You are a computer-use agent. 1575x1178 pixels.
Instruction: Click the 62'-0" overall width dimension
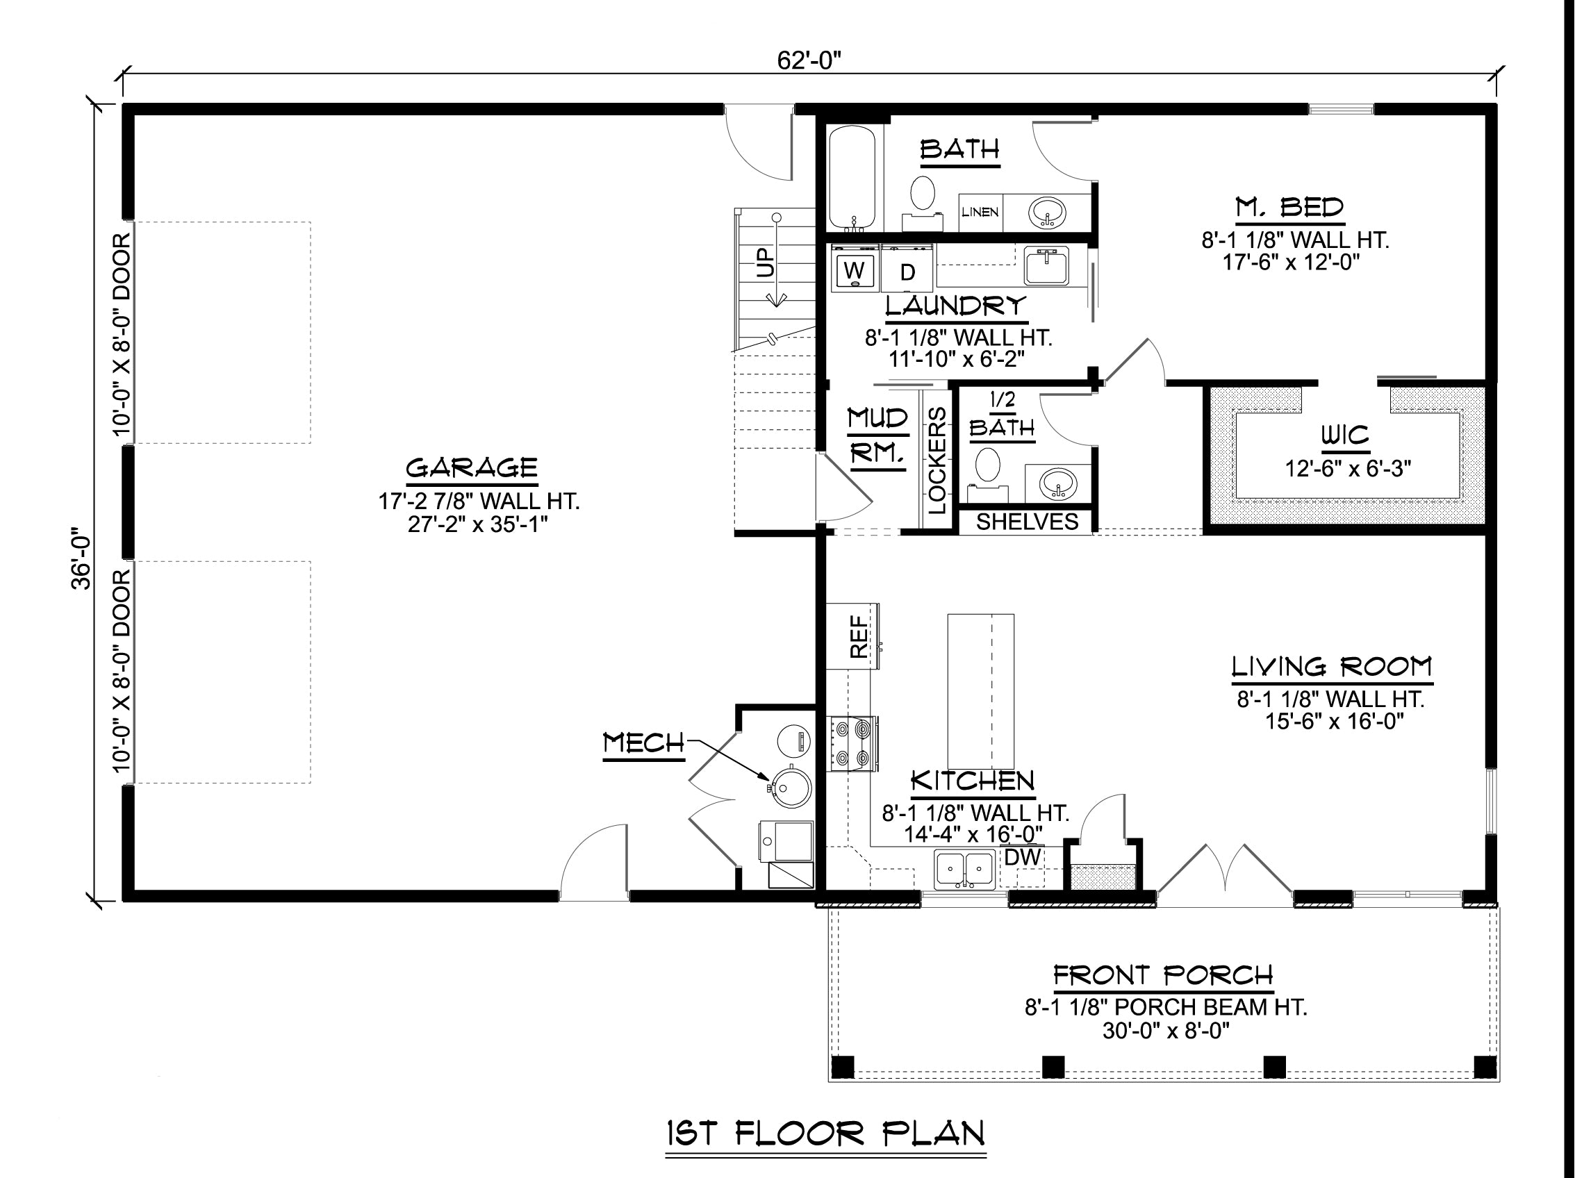coord(809,60)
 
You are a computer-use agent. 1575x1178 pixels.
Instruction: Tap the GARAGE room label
coord(472,467)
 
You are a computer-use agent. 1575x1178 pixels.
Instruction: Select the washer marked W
coord(855,269)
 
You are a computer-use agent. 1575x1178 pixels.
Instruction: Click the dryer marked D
coord(907,269)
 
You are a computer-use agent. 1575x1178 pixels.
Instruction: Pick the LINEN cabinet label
coord(980,212)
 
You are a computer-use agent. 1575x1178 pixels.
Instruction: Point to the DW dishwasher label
coord(1023,858)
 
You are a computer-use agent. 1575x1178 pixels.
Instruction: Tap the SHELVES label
coord(1027,522)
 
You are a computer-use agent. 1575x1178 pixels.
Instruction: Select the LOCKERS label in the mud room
coord(937,460)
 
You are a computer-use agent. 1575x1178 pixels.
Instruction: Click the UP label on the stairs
coord(765,263)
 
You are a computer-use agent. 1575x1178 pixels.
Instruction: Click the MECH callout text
coord(643,744)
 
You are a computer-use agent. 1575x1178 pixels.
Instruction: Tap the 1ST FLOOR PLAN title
coord(826,1133)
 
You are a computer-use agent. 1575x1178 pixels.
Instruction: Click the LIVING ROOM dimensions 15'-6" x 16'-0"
coord(1335,722)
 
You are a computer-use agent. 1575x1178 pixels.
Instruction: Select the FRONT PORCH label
coord(1164,975)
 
